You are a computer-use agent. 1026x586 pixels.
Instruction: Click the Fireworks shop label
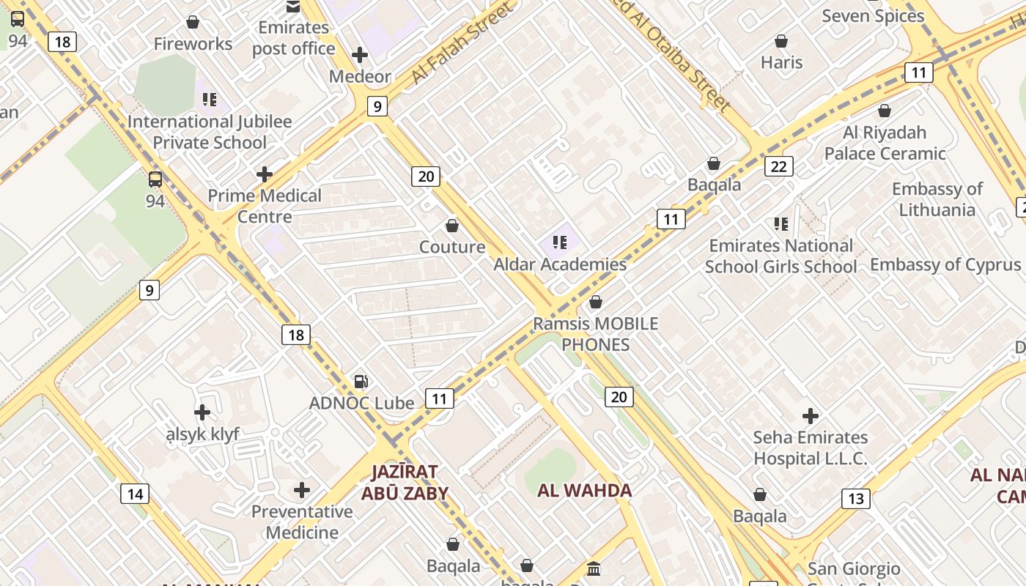tap(193, 44)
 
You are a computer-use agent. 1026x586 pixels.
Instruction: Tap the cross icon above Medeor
tap(360, 55)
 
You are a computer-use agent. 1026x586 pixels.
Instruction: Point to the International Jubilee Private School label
tap(210, 132)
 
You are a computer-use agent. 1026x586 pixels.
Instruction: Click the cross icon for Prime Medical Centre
tap(265, 174)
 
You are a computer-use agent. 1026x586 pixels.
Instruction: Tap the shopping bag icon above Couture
tap(452, 225)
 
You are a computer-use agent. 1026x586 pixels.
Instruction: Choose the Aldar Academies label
tap(560, 264)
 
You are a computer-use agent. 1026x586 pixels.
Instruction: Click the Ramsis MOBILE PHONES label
tap(596, 334)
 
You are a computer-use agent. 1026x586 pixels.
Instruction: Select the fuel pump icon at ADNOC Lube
tap(361, 381)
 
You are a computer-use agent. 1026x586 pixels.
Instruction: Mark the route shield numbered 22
tap(778, 166)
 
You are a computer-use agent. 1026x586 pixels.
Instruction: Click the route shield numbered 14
tap(135, 494)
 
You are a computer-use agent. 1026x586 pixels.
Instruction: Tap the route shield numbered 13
tap(855, 499)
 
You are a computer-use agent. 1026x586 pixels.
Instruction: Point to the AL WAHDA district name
tap(584, 490)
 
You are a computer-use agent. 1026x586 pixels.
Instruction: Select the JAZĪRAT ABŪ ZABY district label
tap(404, 483)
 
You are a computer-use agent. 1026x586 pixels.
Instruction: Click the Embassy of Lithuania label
tap(937, 199)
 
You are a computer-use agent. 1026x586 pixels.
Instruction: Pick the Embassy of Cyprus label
tap(945, 264)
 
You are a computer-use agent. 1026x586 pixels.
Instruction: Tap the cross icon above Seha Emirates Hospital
tap(810, 416)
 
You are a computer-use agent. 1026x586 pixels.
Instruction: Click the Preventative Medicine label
tap(302, 522)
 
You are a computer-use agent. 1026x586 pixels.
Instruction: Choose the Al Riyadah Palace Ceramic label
tap(885, 143)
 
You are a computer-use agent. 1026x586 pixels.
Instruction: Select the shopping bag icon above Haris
tap(781, 41)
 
